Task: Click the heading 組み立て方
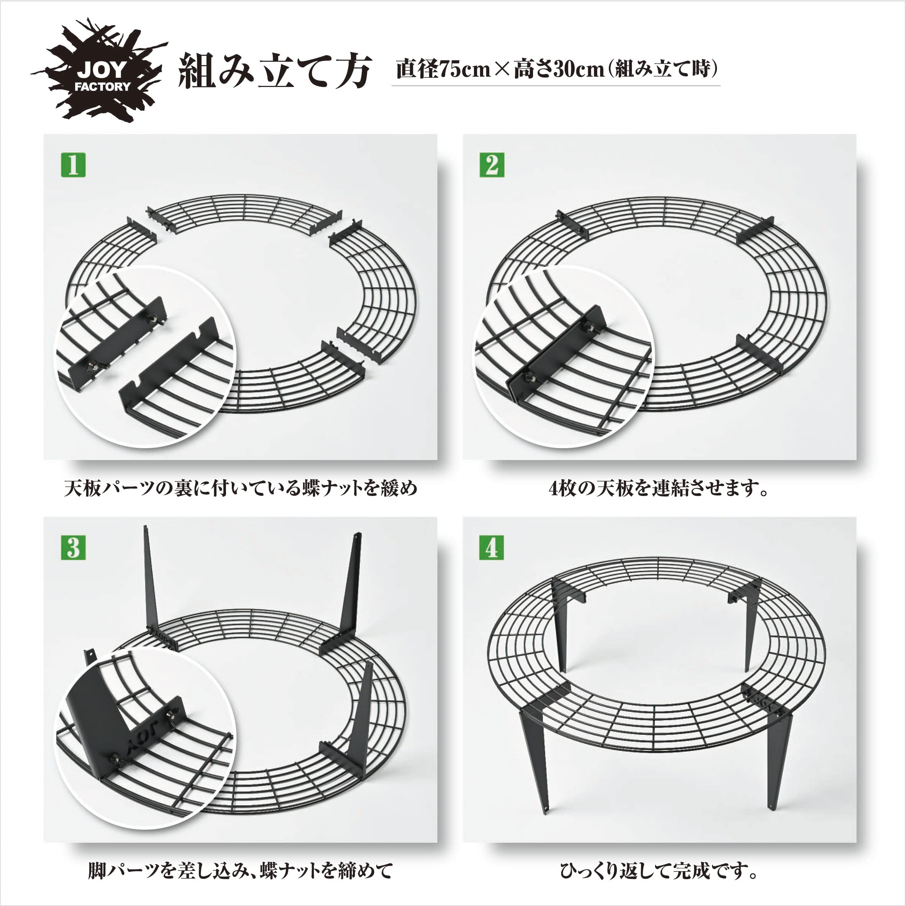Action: (x=275, y=71)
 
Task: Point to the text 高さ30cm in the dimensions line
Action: (x=558, y=69)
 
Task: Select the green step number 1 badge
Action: (x=73, y=165)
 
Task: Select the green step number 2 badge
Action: (x=492, y=165)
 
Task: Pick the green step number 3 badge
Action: (x=73, y=548)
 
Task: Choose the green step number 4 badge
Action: (x=492, y=548)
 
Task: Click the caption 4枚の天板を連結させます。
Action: (x=659, y=488)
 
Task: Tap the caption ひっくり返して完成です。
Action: (x=659, y=871)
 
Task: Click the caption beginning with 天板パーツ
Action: (x=241, y=488)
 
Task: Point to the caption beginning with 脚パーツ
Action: (x=241, y=871)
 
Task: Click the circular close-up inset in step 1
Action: (x=145, y=356)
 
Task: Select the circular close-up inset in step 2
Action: (x=563, y=356)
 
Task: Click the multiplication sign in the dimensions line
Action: (x=501, y=70)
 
